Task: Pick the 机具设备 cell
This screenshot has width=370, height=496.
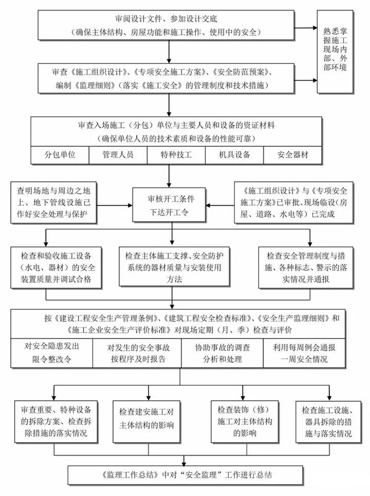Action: click(234, 154)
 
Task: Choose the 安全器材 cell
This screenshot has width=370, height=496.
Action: click(293, 154)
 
